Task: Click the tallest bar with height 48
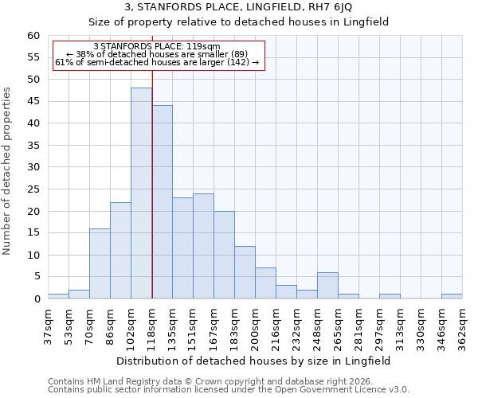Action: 141,193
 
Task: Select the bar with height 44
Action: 162,202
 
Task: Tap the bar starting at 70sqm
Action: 100,263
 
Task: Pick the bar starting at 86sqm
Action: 120,251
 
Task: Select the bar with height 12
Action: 245,272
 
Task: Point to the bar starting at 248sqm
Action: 327,286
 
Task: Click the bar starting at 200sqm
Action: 265,283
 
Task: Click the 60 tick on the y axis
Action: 33,36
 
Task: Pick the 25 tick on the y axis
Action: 33,189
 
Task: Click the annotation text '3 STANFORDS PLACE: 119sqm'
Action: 157,47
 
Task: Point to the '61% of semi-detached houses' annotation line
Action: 157,62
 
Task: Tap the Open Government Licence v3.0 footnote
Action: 229,389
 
